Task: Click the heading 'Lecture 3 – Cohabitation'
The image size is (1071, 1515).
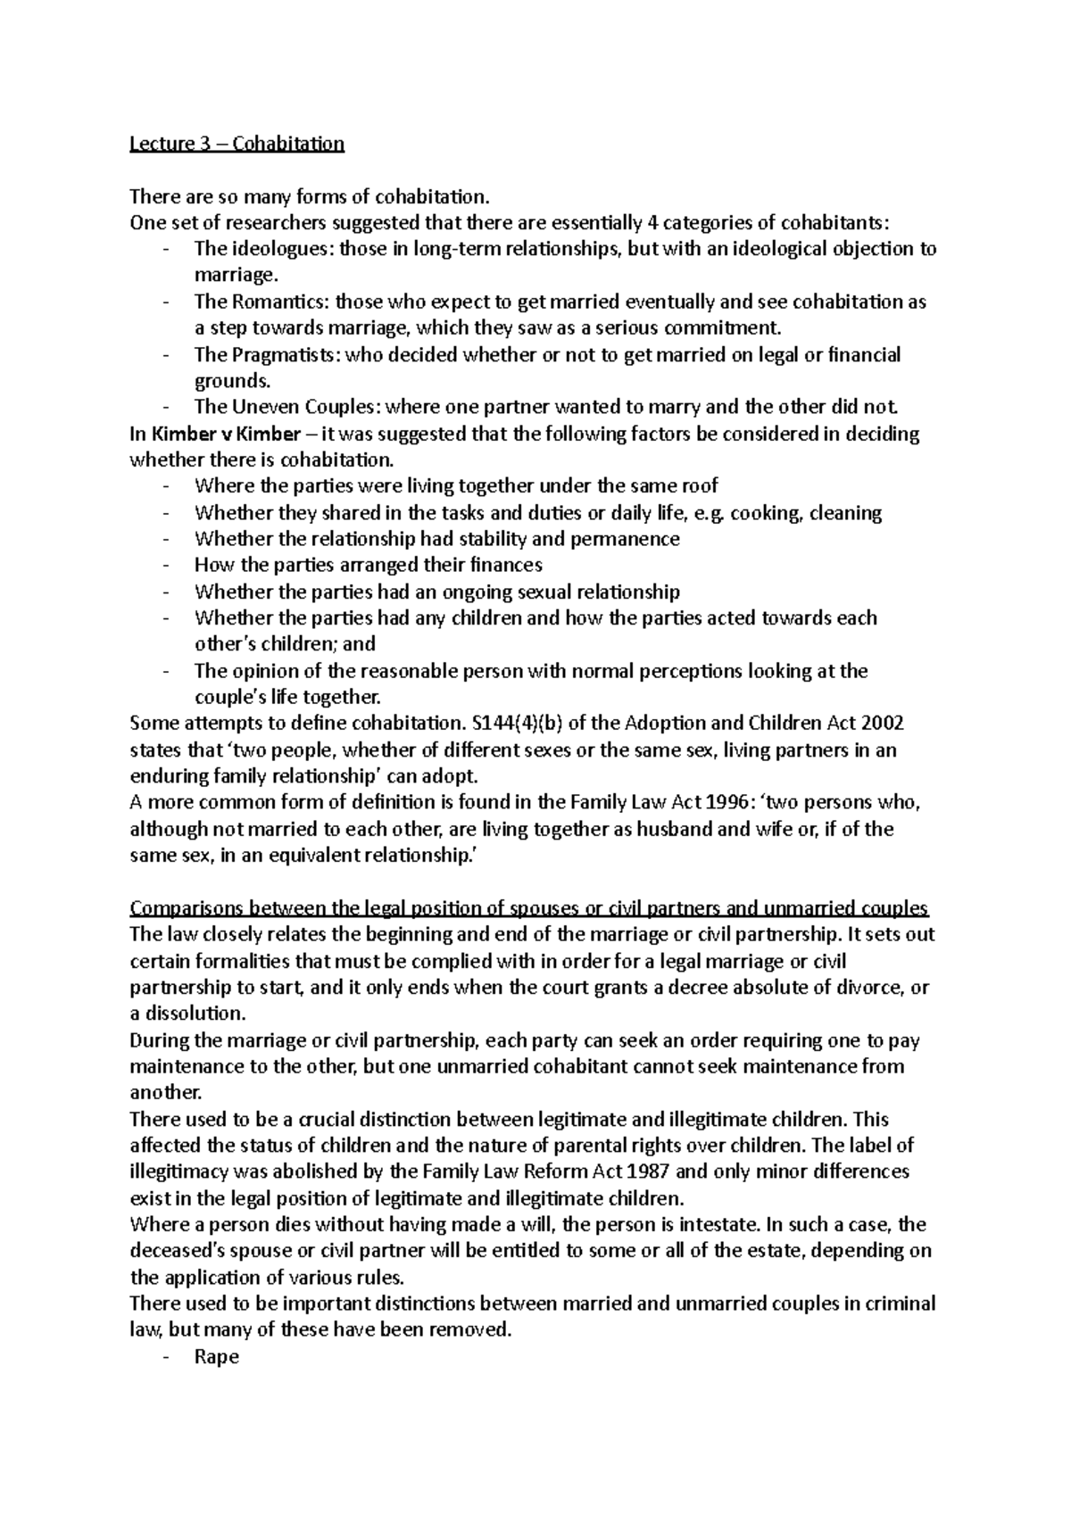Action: click(x=237, y=144)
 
